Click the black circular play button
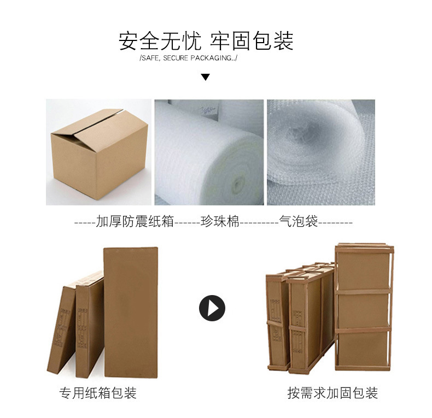pos(212,308)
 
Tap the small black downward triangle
pos(205,77)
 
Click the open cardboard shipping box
pos(99,154)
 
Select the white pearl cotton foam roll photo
pos(209,152)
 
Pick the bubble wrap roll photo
pos(321,152)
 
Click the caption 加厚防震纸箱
pos(135,221)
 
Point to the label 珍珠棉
pos(220,221)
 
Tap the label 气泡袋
pos(299,221)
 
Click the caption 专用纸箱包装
pos(98,393)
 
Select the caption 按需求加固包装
pos(332,393)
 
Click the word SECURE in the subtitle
pos(176,58)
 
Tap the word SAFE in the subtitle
pos(151,58)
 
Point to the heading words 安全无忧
pos(160,41)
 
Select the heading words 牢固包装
pos(252,41)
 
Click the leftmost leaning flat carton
pos(62,329)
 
